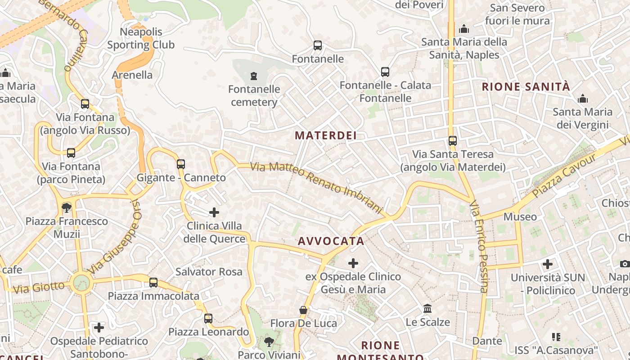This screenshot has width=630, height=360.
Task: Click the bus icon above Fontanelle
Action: (x=318, y=45)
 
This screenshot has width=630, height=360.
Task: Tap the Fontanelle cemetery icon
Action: (x=254, y=75)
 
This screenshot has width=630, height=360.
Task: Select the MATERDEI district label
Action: (x=326, y=135)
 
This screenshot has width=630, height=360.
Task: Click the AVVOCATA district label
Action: (x=331, y=241)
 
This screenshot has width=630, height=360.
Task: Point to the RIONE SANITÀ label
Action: (x=526, y=87)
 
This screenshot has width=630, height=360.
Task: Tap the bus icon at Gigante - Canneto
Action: (x=181, y=164)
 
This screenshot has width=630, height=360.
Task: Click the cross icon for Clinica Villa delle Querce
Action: (x=214, y=212)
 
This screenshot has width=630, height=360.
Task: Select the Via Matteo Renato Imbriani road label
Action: (x=316, y=187)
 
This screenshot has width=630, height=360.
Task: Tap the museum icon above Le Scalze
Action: (x=427, y=309)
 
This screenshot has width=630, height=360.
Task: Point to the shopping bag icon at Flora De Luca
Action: (x=304, y=310)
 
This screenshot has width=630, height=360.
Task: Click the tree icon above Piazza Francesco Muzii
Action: (x=67, y=207)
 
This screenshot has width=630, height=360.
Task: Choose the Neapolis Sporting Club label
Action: (x=141, y=38)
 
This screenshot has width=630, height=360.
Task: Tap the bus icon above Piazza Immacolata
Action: (x=153, y=283)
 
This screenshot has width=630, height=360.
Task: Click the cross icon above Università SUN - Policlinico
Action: (x=548, y=264)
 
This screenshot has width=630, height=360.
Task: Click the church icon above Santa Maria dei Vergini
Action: (x=583, y=98)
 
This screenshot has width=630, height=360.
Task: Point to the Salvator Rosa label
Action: (x=209, y=272)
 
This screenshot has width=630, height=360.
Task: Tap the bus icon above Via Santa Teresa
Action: (x=453, y=141)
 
